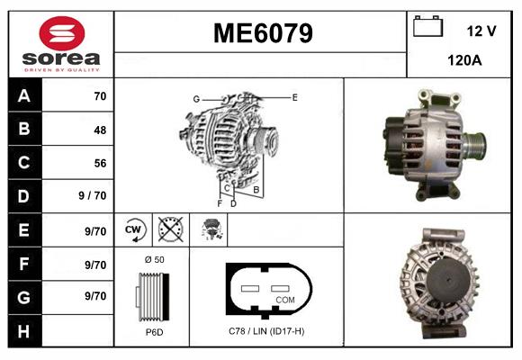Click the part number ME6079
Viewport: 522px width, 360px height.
262,34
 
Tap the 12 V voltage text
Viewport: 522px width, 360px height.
481,31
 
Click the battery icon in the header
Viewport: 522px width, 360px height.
427,27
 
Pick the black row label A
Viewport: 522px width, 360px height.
24,96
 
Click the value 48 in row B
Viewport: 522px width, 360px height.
99,130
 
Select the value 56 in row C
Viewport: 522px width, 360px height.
99,163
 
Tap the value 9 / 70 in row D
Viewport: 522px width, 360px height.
93,196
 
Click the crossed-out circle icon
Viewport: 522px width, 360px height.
169,229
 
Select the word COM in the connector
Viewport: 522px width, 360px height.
285,300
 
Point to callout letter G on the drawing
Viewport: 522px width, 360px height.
195,98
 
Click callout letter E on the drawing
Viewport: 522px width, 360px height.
294,96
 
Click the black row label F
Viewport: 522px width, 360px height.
24,264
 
